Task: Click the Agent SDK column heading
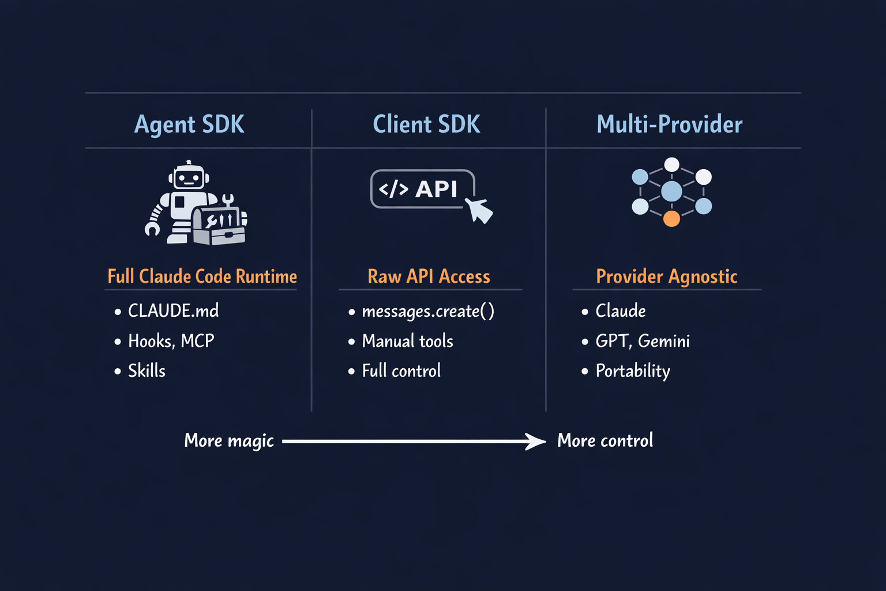189,125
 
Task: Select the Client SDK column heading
426,125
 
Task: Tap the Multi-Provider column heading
669,125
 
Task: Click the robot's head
189,176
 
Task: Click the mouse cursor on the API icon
480,210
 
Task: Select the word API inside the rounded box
436,189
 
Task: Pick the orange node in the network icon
671,218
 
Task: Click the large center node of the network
671,191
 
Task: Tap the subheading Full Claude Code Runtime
202,276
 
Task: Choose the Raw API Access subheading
429,276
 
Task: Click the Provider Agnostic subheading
666,276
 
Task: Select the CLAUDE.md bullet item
173,311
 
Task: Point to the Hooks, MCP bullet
171,341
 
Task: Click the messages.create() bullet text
427,312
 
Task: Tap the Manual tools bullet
407,341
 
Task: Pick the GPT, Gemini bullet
643,341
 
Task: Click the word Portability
633,371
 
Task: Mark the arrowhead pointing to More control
536,442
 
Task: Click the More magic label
229,441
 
